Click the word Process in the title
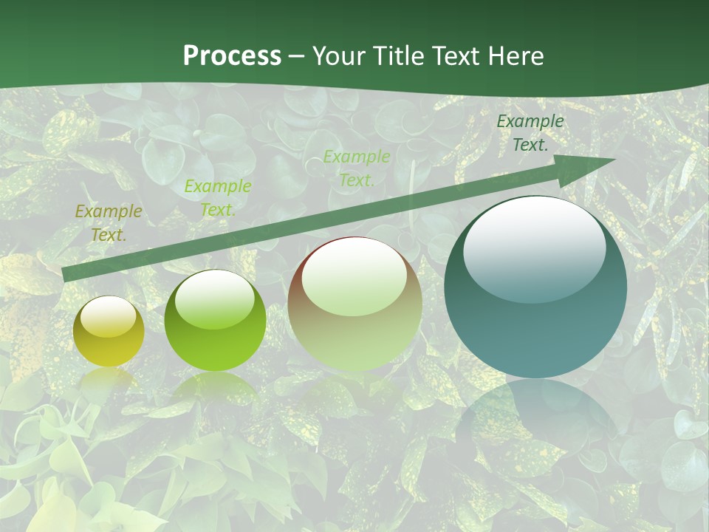[232, 56]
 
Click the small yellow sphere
[109, 332]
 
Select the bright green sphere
[215, 321]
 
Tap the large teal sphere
[535, 288]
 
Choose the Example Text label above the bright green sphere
[217, 198]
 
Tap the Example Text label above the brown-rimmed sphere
[357, 168]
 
